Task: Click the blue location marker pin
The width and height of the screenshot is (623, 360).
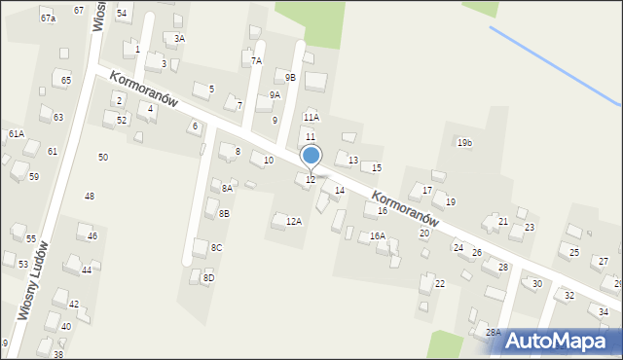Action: pos(311,156)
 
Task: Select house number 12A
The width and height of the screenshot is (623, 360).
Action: pos(293,221)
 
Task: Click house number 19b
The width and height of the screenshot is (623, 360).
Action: pos(464,143)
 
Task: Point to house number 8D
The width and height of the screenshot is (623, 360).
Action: pos(208,278)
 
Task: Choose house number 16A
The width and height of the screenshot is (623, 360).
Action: pos(378,235)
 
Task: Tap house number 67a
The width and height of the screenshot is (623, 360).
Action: pos(48,18)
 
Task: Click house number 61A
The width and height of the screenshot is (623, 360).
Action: pos(16,133)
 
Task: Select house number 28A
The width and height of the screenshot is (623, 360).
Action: pos(494,332)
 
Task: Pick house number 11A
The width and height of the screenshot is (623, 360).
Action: pos(311,117)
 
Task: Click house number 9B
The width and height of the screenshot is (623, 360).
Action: pos(290,77)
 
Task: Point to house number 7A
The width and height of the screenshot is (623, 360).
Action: pos(256,60)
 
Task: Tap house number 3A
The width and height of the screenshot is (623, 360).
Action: pos(179,38)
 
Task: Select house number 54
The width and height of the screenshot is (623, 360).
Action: pos(122,14)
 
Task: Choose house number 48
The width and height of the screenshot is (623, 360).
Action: pos(90,196)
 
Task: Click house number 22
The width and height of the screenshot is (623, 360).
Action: pos(440,283)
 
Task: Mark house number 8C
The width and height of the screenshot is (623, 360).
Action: pos(216,248)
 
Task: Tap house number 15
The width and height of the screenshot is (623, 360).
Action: pos(377,168)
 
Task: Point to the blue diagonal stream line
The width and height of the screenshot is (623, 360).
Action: pos(555,65)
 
